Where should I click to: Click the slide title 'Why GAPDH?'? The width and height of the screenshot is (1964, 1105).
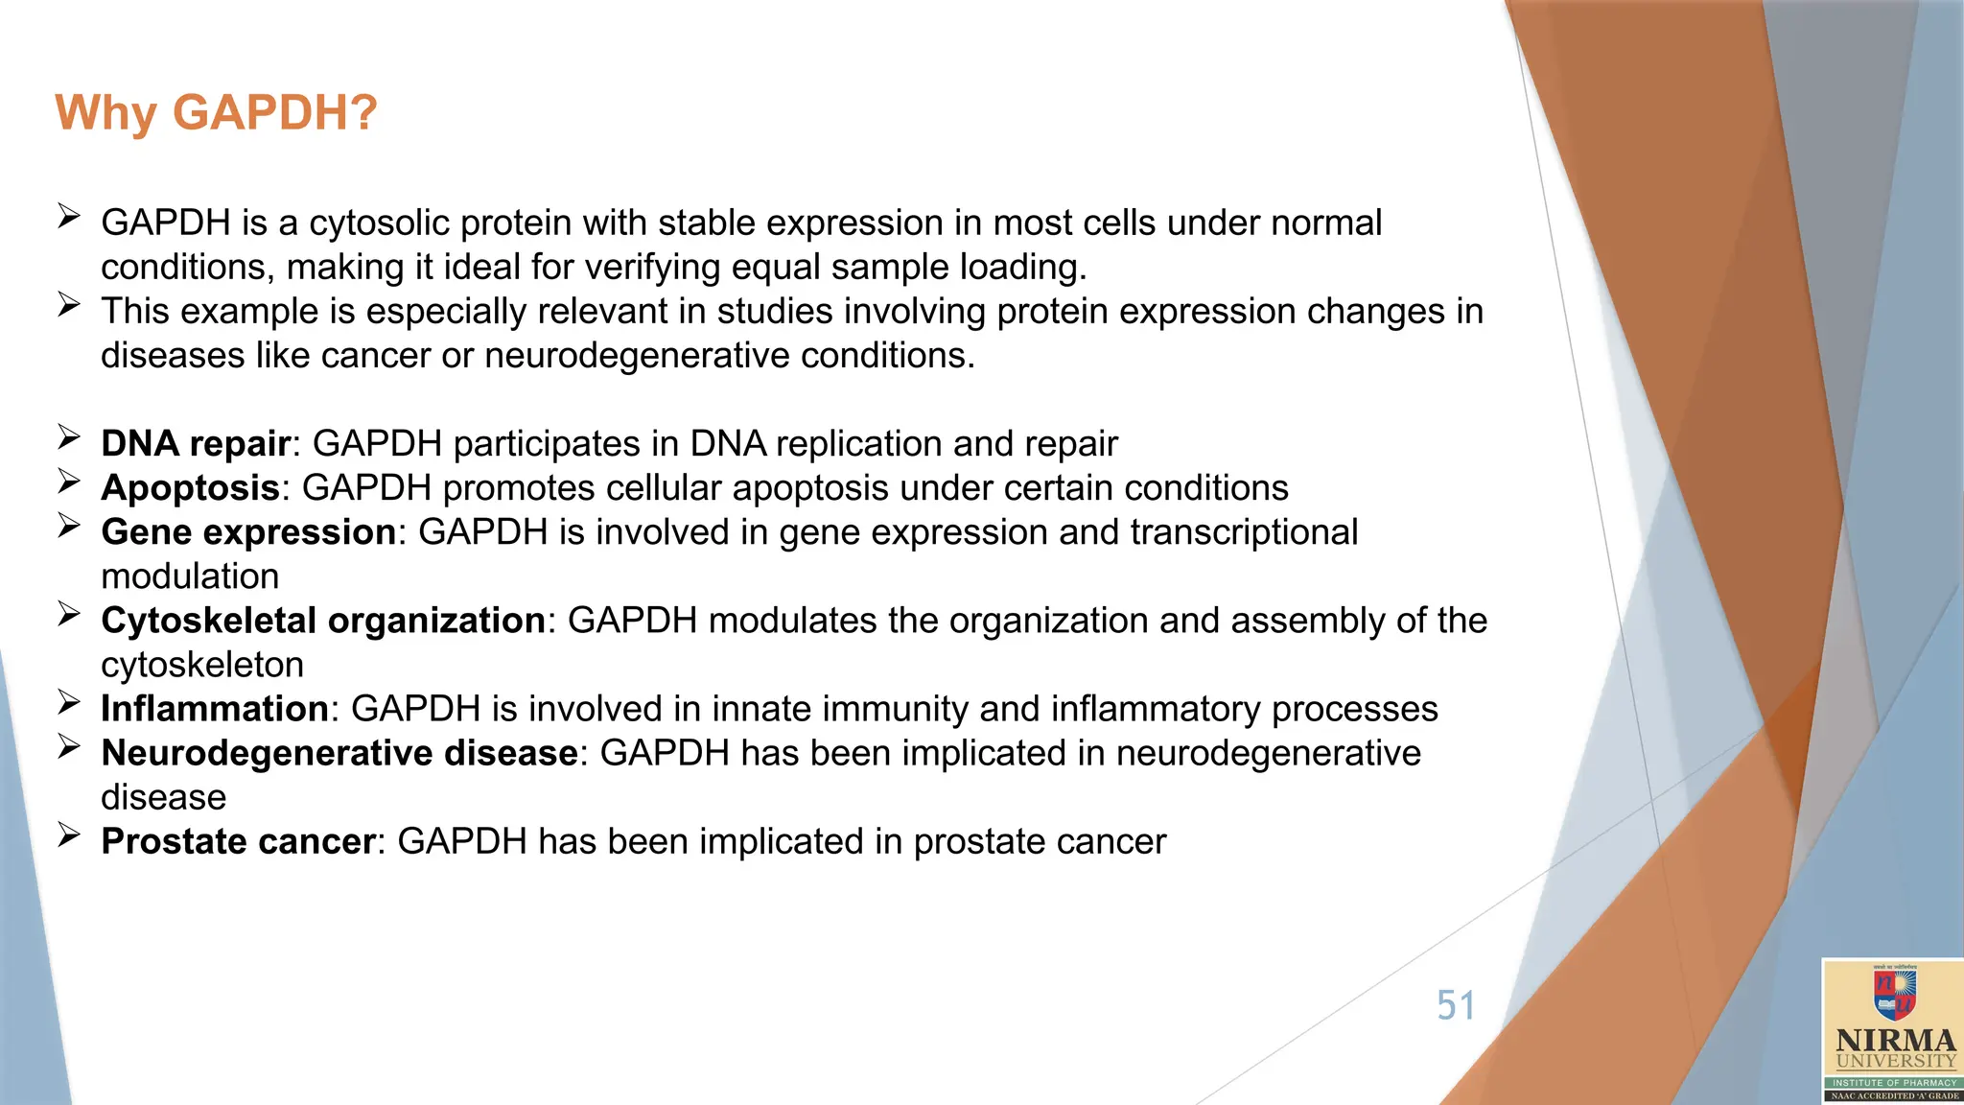point(217,113)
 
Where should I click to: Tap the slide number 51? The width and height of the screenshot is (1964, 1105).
point(1455,1005)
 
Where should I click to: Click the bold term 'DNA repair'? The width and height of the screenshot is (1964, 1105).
point(196,444)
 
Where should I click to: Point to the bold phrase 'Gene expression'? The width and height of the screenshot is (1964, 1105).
point(248,532)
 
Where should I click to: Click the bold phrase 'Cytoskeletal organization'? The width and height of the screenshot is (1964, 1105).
point(323,621)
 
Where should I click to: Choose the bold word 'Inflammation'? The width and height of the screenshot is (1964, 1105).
point(215,709)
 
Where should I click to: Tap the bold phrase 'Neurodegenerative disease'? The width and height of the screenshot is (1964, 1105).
point(339,753)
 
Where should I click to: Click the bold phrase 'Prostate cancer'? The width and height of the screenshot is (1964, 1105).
point(238,841)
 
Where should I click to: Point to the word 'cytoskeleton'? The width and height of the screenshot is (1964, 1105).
point(202,665)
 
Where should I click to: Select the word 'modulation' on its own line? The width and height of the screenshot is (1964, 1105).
point(190,576)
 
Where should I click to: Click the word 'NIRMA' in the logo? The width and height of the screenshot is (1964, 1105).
point(1895,1041)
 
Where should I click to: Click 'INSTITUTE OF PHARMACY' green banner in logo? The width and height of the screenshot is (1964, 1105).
point(1895,1082)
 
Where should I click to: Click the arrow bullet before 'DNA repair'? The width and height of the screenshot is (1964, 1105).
point(68,437)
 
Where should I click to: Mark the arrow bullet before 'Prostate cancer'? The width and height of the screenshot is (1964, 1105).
point(68,835)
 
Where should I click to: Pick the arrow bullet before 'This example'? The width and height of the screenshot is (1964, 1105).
point(68,305)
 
